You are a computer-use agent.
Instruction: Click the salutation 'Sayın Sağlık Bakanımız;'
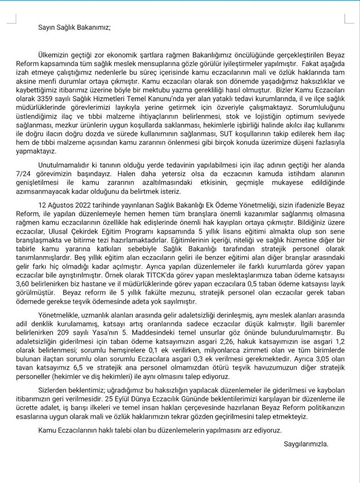coord(74,28)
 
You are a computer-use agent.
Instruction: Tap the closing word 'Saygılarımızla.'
coord(306,444)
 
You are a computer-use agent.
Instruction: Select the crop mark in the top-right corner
coord(347,19)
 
